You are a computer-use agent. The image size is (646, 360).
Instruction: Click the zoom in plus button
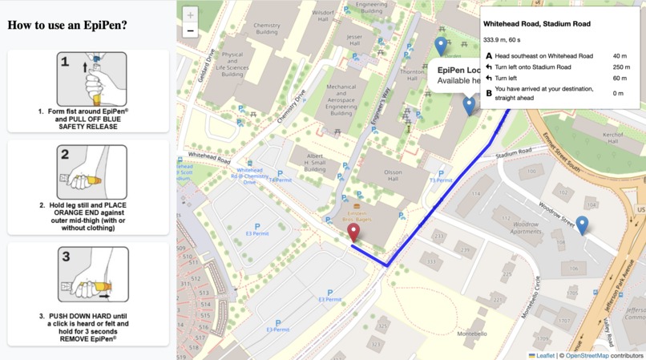pyautogui.click(x=190, y=14)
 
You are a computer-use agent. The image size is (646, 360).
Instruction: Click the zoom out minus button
pyautogui.click(x=190, y=31)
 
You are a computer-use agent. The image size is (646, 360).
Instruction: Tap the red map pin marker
pyautogui.click(x=353, y=233)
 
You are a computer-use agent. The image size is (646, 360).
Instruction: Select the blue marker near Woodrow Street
pyautogui.click(x=582, y=225)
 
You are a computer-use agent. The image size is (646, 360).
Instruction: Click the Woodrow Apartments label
pyautogui.click(x=526, y=228)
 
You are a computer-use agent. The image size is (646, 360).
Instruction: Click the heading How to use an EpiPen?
pyautogui.click(x=67, y=25)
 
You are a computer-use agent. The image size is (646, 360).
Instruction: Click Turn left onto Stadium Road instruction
pyautogui.click(x=533, y=67)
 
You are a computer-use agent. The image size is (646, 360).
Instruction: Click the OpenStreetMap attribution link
pyautogui.click(x=587, y=355)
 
